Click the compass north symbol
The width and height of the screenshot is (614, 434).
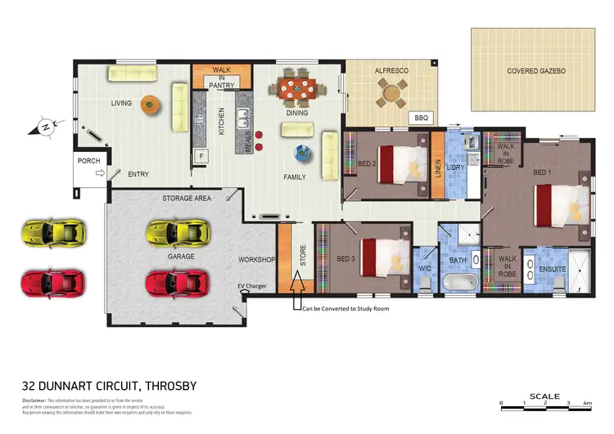[x=46, y=126]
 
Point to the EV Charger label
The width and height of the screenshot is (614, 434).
[x=252, y=285]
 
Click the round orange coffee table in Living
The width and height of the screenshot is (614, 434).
[x=149, y=104]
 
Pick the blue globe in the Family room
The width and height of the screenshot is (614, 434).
[x=302, y=151]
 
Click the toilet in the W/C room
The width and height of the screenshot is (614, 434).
[x=424, y=282]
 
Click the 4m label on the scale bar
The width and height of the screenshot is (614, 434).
[x=588, y=403]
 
